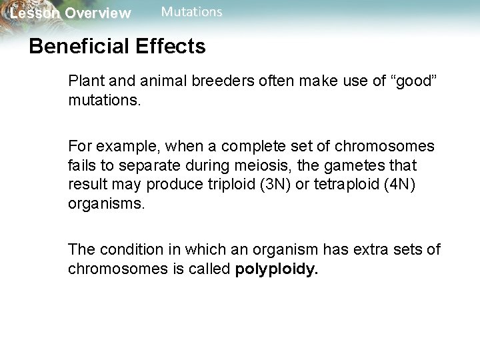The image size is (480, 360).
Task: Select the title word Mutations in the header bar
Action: click(x=192, y=12)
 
